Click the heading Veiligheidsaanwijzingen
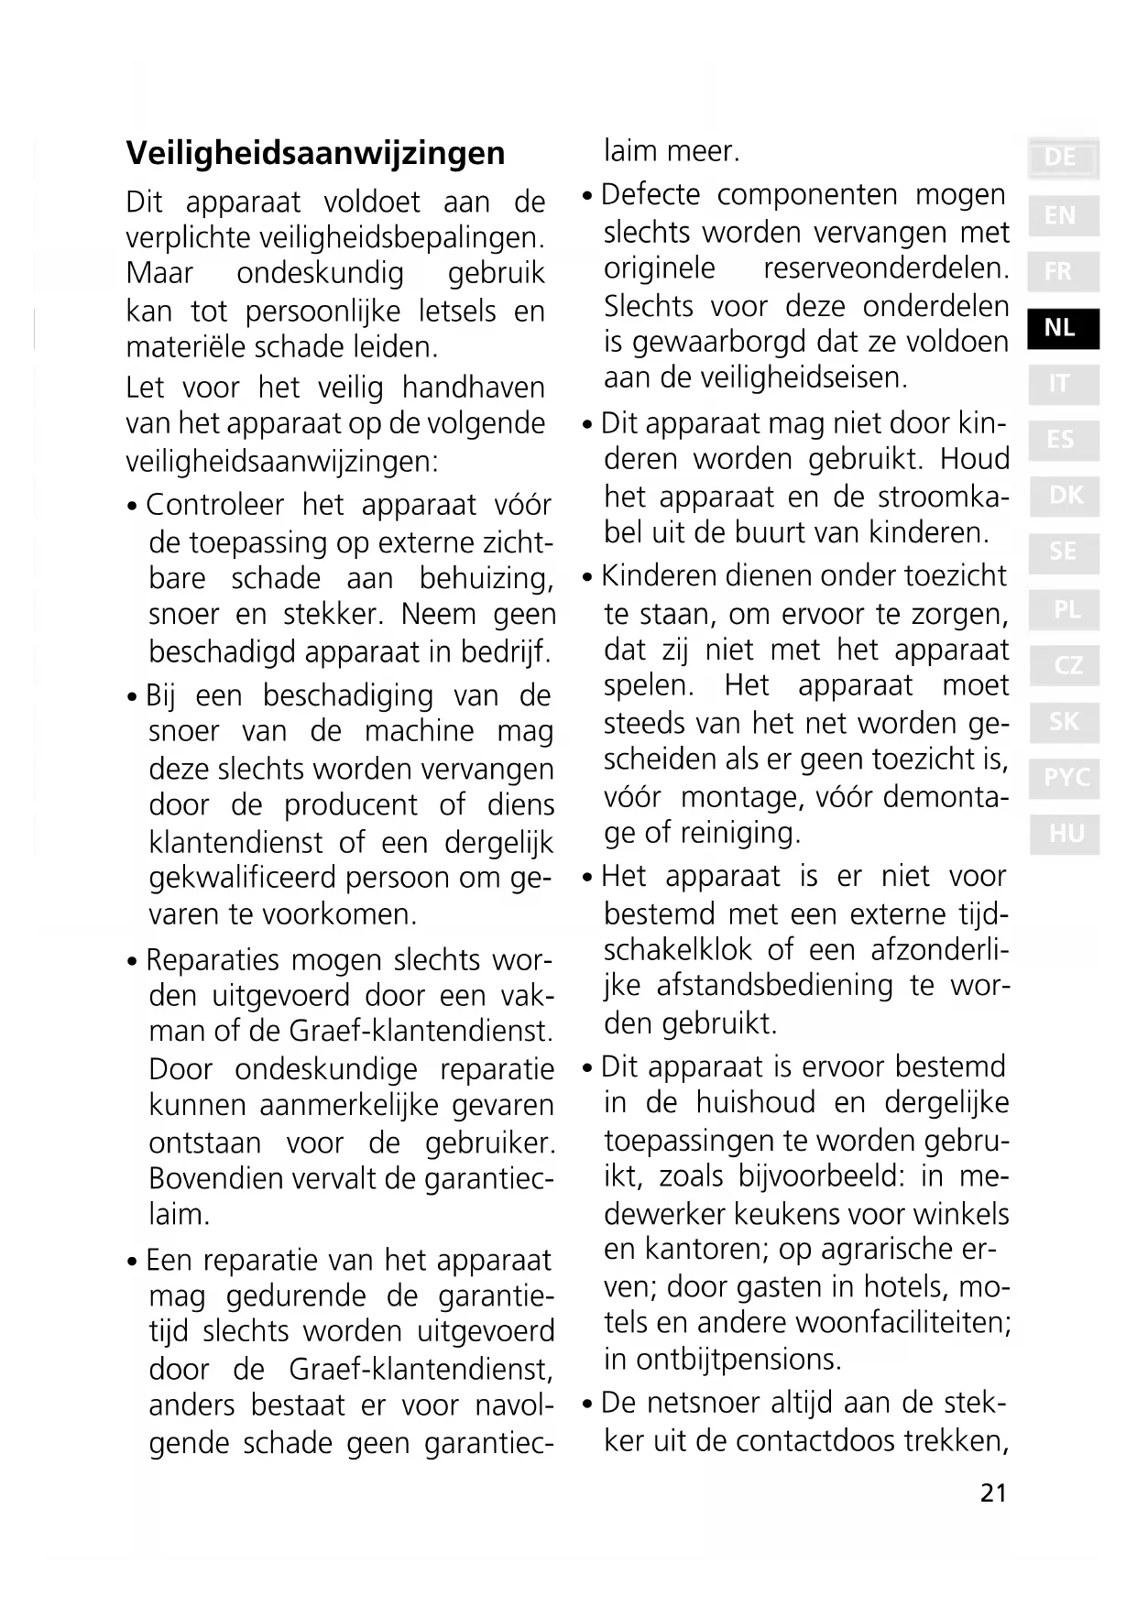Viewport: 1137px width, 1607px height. (x=315, y=153)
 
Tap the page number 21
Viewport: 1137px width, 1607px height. (x=993, y=1493)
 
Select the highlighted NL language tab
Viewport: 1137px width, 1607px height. (x=1061, y=328)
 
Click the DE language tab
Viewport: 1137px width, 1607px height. (x=1061, y=159)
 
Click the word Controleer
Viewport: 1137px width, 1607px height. (x=215, y=506)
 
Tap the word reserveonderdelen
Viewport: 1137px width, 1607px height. (x=886, y=268)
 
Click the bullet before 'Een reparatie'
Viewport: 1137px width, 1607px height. (x=134, y=1263)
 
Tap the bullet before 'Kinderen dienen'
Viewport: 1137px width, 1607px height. (x=588, y=578)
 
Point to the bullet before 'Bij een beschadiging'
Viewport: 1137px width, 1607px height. (x=134, y=698)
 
